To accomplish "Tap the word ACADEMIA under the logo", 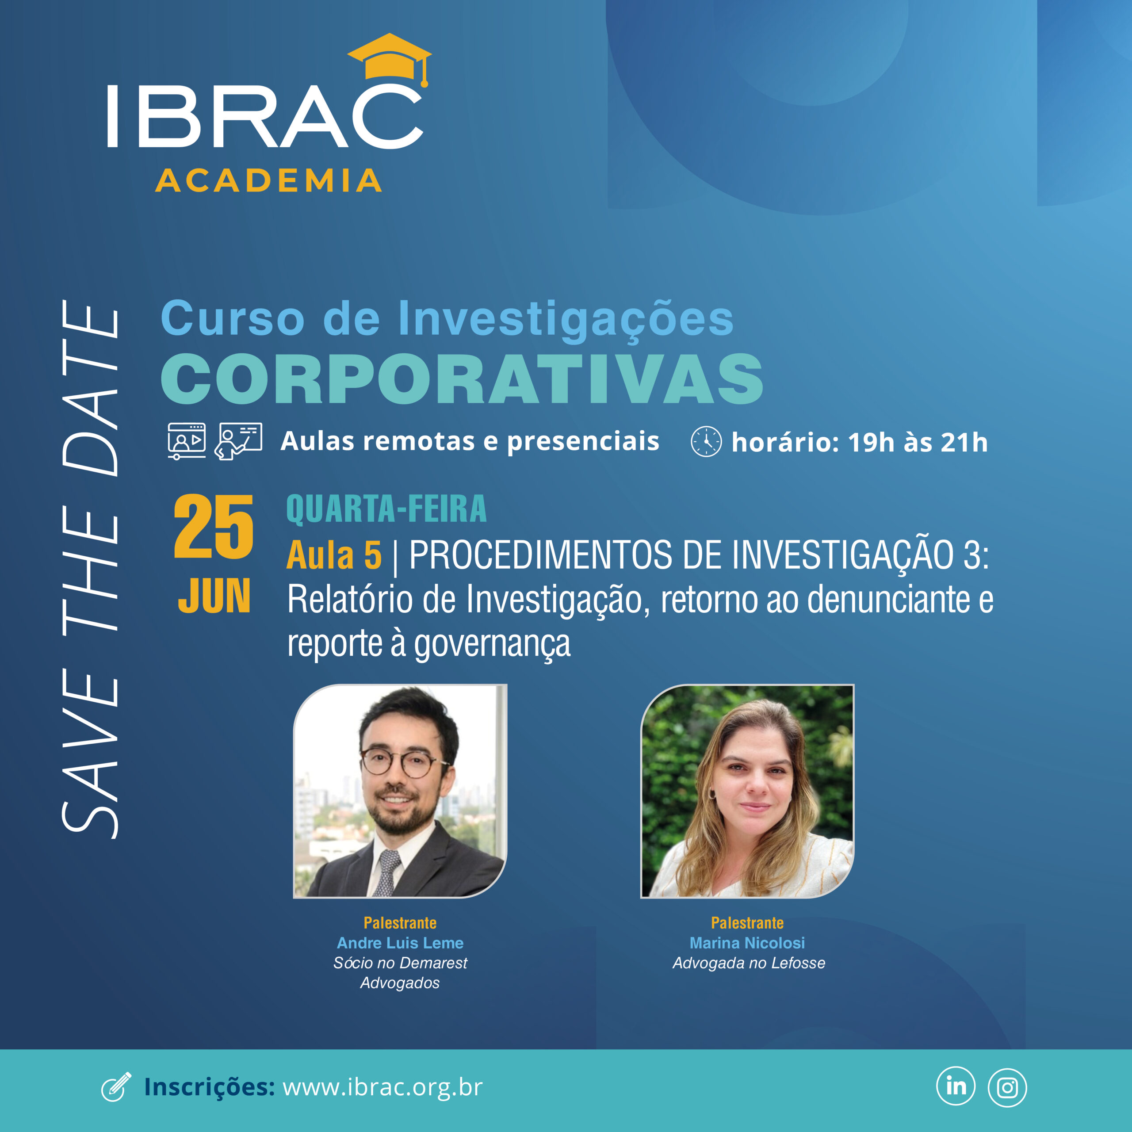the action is click(x=269, y=180).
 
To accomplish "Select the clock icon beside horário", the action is click(x=706, y=442).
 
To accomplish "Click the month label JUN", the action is click(x=214, y=597).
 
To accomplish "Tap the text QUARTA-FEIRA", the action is click(x=386, y=509).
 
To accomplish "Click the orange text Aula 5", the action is click(x=334, y=555).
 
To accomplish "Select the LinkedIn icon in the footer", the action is click(x=956, y=1086).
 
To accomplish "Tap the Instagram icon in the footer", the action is click(x=1007, y=1087).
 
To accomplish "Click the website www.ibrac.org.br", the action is click(x=382, y=1087).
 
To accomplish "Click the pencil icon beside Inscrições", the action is click(x=116, y=1087).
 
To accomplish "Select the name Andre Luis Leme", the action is click(x=400, y=943).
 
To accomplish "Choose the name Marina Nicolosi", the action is click(x=747, y=943).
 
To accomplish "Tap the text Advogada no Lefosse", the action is click(x=749, y=963).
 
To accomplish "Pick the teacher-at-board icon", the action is click(x=238, y=440).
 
